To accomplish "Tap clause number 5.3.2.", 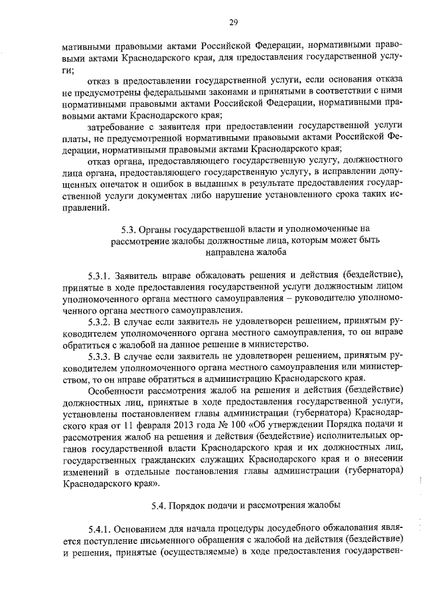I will [101, 321].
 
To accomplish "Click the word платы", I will [76, 137].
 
